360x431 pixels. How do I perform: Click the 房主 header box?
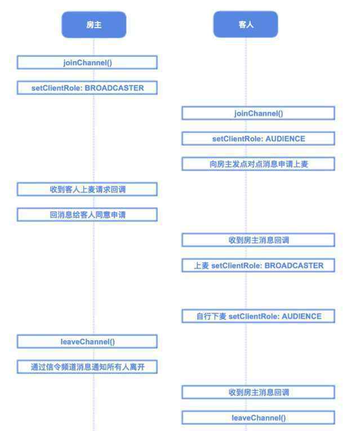pyautogui.click(x=94, y=25)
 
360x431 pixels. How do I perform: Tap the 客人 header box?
pyautogui.click(x=246, y=24)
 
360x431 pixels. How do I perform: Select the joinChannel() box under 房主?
pyautogui.click(x=87, y=63)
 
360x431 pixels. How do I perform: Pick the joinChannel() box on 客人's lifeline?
pyautogui.click(x=259, y=113)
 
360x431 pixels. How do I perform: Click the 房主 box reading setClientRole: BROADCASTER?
pyautogui.click(x=87, y=88)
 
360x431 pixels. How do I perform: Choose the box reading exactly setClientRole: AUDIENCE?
pyautogui.click(x=259, y=139)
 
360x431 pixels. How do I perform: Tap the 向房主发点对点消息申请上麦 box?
pyautogui.click(x=259, y=164)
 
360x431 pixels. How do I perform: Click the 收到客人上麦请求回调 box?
pyautogui.click(x=87, y=189)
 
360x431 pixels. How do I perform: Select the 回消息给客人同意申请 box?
pyautogui.click(x=87, y=215)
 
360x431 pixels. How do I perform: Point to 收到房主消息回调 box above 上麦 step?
pyautogui.click(x=259, y=240)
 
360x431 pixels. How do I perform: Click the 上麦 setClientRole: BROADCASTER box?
pyautogui.click(x=259, y=265)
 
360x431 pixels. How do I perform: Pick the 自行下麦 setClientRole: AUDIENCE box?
pyautogui.click(x=259, y=316)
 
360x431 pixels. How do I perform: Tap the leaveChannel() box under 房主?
pyautogui.click(x=87, y=341)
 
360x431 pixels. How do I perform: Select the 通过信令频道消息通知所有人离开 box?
pyautogui.click(x=87, y=367)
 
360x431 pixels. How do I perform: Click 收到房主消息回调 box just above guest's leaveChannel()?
pyautogui.click(x=259, y=392)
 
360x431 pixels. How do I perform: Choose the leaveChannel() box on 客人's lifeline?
pyautogui.click(x=259, y=417)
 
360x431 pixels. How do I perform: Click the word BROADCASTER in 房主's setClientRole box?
pyautogui.click(x=114, y=88)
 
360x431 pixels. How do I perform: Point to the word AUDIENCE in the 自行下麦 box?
pyautogui.click(x=302, y=317)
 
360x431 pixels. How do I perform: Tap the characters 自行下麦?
pyautogui.click(x=211, y=317)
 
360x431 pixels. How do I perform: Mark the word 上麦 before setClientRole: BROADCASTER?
pyautogui.click(x=202, y=265)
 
